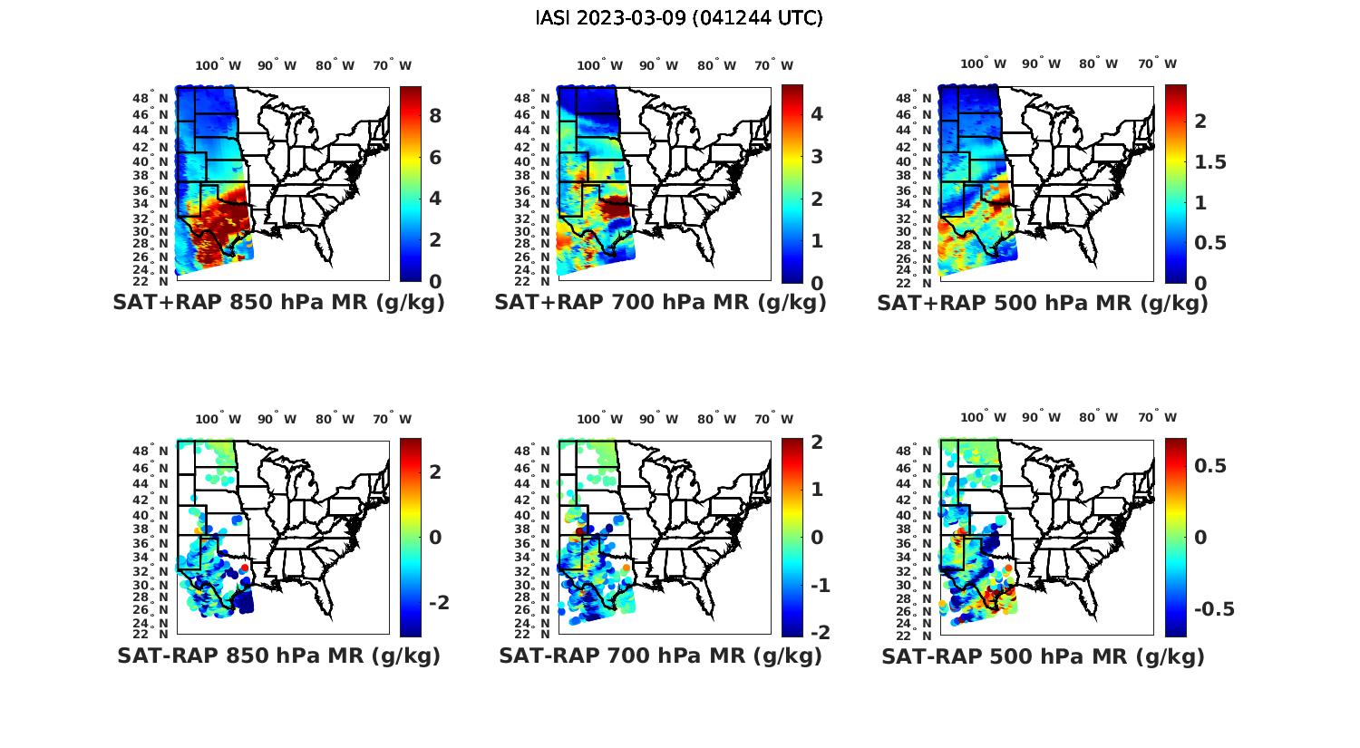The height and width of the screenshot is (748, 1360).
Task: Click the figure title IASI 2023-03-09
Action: click(679, 18)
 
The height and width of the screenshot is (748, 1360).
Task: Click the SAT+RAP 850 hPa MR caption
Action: click(278, 303)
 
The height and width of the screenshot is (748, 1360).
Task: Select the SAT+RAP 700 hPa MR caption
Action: click(660, 303)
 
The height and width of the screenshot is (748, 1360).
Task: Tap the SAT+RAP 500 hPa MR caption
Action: click(1043, 303)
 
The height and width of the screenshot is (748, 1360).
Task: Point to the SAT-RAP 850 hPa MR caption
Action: click(278, 656)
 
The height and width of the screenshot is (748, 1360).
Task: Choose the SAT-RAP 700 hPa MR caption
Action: click(660, 656)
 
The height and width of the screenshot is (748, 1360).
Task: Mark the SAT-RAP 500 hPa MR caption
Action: click(1043, 656)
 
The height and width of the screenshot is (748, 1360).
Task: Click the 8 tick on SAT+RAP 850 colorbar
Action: click(435, 115)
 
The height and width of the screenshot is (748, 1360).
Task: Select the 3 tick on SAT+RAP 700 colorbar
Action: click(817, 156)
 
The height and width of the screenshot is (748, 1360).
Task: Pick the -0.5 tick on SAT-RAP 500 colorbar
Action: click(1214, 608)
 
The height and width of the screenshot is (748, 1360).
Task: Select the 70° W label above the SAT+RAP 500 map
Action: click(1157, 64)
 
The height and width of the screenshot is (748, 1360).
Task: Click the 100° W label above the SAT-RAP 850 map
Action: click(219, 419)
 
